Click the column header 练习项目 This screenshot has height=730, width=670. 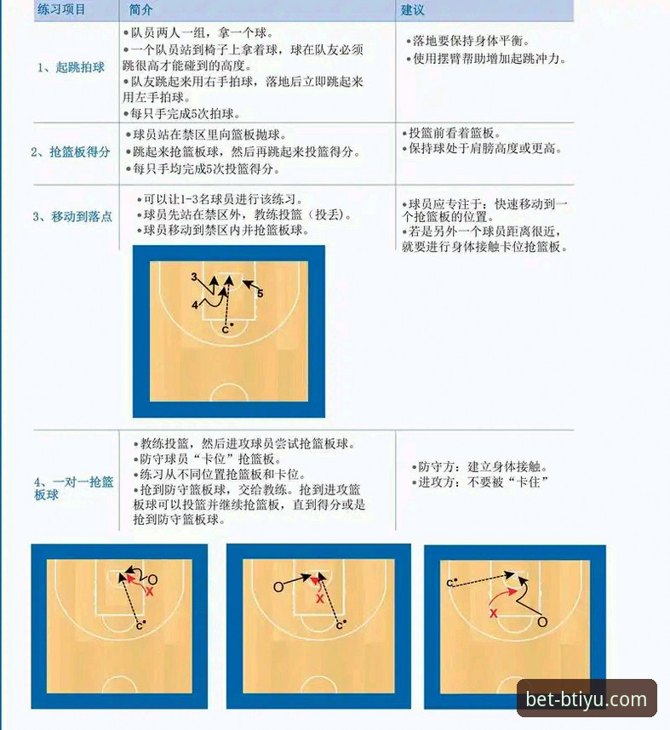point(61,9)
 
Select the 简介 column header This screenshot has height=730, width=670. point(142,9)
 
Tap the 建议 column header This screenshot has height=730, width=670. point(413,9)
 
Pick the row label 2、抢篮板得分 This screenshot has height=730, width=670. point(71,152)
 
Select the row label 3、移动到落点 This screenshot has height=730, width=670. point(72,217)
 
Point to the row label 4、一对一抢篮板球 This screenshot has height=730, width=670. point(73,488)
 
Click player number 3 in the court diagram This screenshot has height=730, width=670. point(194,277)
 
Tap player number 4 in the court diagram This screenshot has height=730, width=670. point(195,304)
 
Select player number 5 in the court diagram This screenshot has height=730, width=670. point(261,293)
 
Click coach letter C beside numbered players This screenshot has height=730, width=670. point(225,328)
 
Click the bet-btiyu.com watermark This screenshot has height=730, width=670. point(587,700)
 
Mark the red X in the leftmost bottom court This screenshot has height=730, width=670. point(149,590)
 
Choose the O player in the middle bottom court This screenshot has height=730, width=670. point(278,587)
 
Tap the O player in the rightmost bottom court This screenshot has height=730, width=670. point(541,622)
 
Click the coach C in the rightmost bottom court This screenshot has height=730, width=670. point(450,582)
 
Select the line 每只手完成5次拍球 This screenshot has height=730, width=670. point(181,113)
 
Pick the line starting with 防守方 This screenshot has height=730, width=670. point(482,467)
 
